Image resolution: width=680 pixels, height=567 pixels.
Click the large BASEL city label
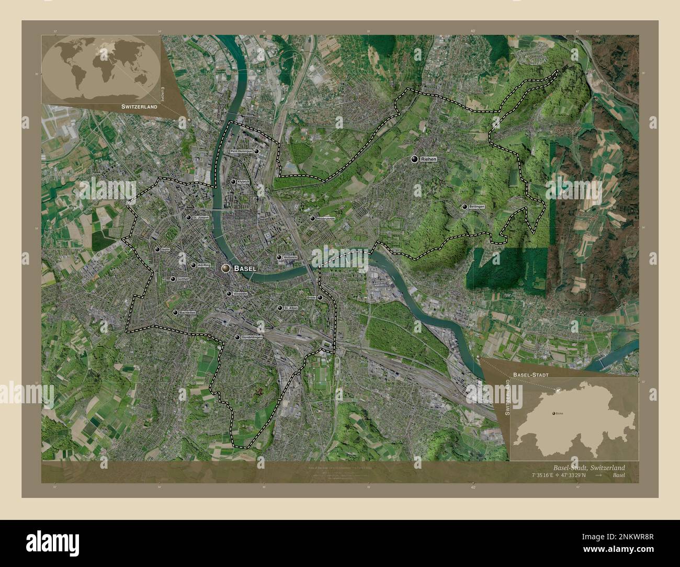coord(245,268)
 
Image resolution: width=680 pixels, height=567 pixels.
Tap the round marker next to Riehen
coord(414,158)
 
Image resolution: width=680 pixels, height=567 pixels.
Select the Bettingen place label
coord(477,207)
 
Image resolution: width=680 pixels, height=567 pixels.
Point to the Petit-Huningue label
coord(242,151)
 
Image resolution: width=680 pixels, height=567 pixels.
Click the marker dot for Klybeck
coord(233,182)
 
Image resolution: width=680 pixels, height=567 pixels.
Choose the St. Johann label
coord(201,218)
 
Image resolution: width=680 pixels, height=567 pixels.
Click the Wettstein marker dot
coord(279,257)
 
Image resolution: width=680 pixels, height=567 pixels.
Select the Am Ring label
coord(204,265)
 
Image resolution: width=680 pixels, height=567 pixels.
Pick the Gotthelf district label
coord(183,279)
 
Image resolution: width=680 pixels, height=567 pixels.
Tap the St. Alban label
coord(290,308)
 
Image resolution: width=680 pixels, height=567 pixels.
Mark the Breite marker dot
coord(320,298)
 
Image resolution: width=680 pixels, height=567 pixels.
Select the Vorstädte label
coord(240,294)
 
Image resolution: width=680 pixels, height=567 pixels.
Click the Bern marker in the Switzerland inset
coord(553,413)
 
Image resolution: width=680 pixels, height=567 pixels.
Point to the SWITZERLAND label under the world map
coord(140,106)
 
